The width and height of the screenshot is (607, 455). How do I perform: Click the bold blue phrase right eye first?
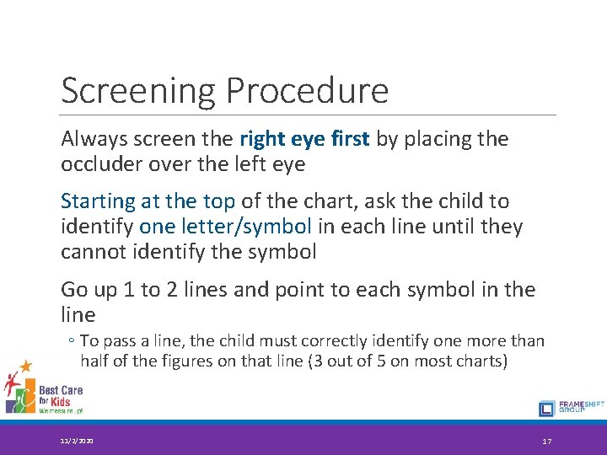pos(304,139)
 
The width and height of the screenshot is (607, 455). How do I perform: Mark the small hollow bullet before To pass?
pos(72,341)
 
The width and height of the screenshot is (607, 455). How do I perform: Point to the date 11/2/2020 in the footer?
pos(77,441)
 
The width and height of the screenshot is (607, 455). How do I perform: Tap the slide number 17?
pos(546,441)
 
